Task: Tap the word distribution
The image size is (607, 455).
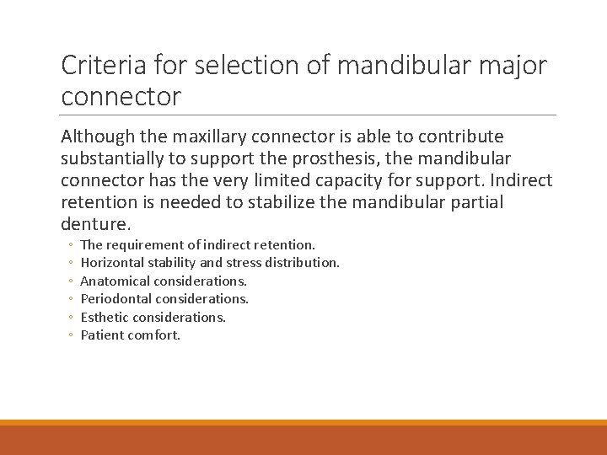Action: (x=303, y=263)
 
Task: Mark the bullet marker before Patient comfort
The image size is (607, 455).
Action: (x=71, y=335)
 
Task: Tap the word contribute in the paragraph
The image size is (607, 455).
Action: (x=463, y=136)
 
